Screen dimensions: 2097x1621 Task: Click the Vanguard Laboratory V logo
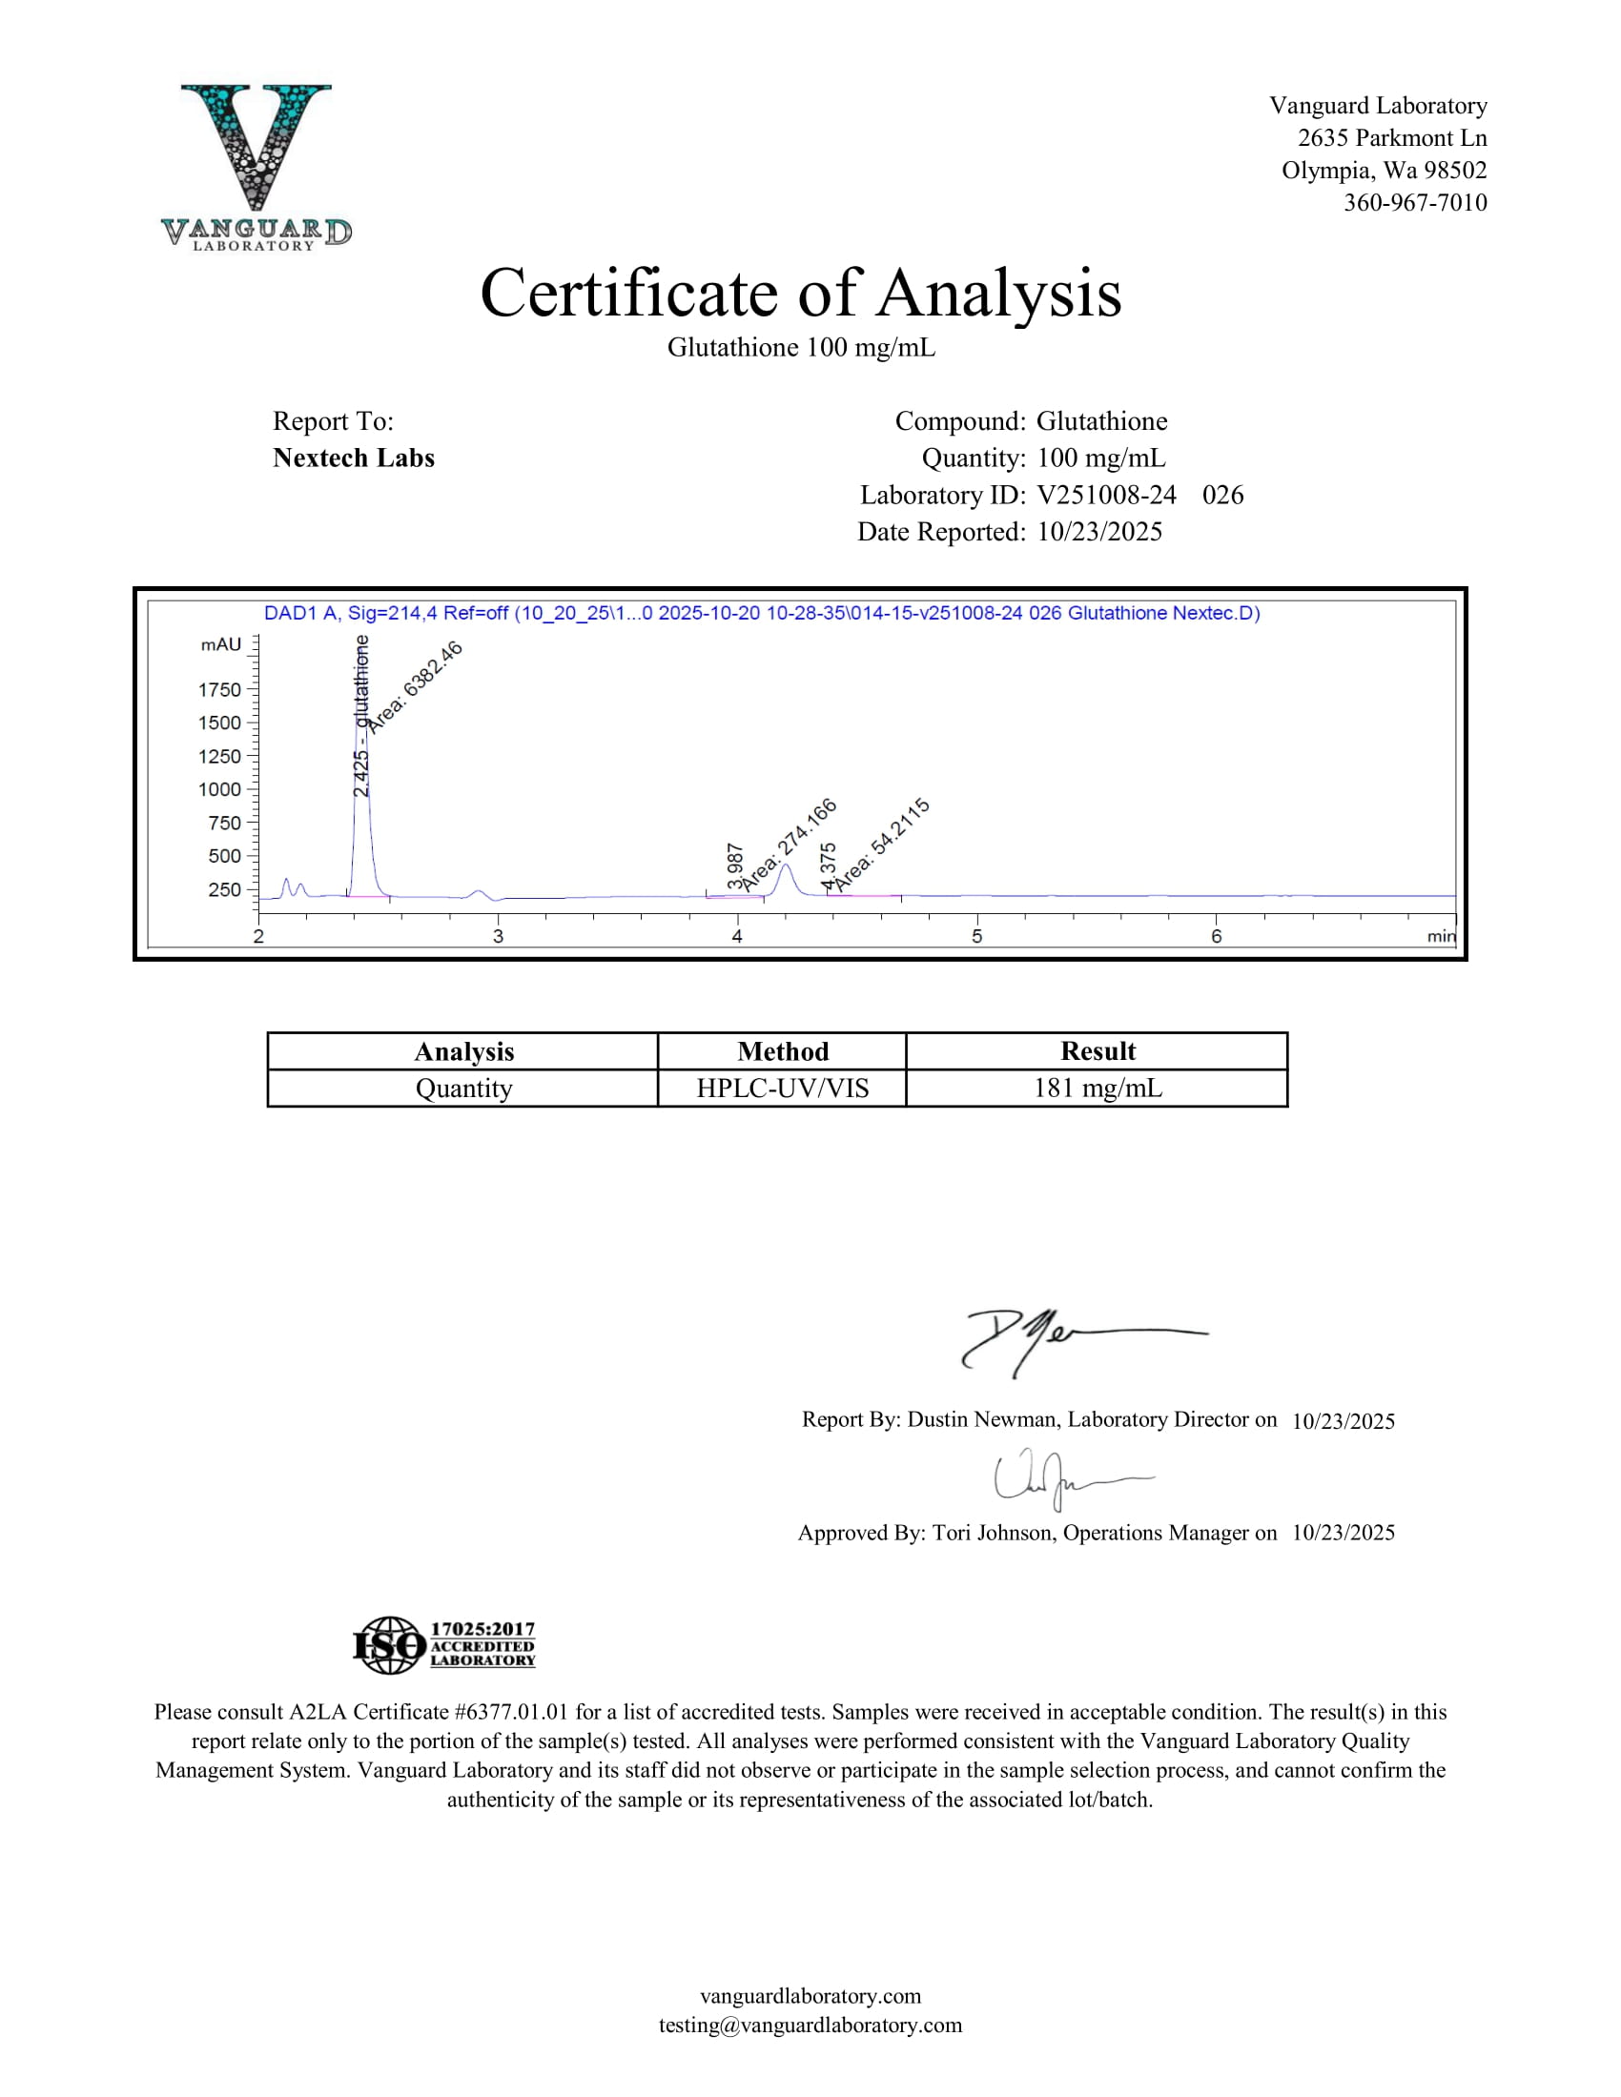[x=256, y=165]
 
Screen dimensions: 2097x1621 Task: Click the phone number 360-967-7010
[x=1414, y=203]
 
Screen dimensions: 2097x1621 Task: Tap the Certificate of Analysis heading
[x=800, y=293]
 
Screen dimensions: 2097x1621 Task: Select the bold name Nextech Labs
[x=354, y=458]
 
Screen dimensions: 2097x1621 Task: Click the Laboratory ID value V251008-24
[x=1106, y=496]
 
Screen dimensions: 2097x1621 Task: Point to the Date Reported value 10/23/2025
[x=1099, y=532]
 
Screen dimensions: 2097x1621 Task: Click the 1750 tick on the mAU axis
[x=220, y=689]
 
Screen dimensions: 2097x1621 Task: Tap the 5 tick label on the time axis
[x=976, y=936]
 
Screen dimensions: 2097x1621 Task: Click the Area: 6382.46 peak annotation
[x=416, y=686]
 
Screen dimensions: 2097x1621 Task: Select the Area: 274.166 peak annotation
[x=790, y=842]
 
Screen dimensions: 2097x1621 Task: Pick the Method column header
[x=783, y=1051]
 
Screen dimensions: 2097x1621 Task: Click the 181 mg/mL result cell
[x=1097, y=1089]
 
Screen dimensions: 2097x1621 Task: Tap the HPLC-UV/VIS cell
[x=783, y=1089]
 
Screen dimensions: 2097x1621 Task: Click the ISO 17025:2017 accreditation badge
[x=443, y=1646]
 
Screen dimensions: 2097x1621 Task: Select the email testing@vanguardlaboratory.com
[x=810, y=2025]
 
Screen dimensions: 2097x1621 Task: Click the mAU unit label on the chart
[x=221, y=645]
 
